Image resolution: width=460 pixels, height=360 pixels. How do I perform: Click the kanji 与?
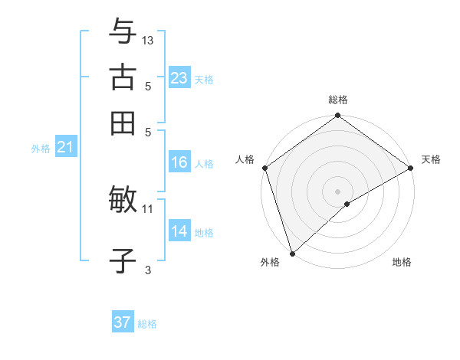pos(123,32)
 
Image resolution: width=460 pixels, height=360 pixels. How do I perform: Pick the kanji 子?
pos(123,261)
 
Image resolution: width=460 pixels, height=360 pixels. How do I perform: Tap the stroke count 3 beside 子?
pos(148,270)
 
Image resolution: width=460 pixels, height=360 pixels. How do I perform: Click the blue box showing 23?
pos(179,78)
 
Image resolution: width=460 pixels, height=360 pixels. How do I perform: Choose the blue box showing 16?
pos(179,162)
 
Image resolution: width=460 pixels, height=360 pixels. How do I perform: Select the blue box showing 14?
pos(179,231)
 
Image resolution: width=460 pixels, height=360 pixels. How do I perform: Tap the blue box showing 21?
pos(64,148)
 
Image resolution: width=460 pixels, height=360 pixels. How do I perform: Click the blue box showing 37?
pos(123,322)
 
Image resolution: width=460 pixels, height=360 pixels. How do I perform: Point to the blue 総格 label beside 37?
pos(147,324)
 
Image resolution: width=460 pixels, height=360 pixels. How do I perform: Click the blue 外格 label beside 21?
pos(41,149)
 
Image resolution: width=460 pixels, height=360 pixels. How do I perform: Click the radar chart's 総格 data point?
pos(337,116)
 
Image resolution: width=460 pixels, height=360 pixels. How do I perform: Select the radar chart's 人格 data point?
pos(264,168)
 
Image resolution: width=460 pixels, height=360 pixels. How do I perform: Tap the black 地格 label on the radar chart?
pos(402,263)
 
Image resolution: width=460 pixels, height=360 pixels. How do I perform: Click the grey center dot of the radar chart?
pos(337,191)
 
